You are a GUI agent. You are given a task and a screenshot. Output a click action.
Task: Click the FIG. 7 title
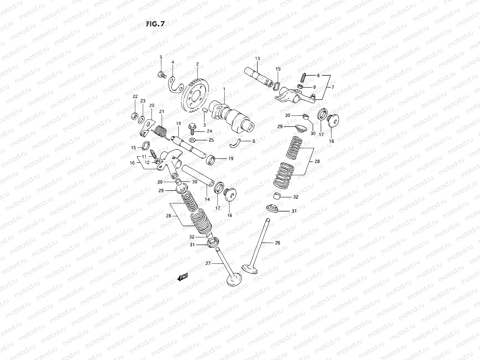[155, 24]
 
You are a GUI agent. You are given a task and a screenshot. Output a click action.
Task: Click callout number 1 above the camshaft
[224, 89]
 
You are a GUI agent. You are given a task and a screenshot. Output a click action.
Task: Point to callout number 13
[257, 58]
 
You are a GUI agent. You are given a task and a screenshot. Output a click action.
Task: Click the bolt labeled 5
[161, 74]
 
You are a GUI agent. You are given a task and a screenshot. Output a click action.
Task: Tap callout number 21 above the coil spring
[162, 112]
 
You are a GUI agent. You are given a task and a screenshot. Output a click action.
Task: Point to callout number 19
[231, 158]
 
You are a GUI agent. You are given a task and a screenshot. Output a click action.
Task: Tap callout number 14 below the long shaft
[207, 199]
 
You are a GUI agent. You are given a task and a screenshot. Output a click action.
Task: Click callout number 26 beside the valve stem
[277, 243]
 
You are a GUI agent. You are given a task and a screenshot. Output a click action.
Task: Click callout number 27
[208, 263]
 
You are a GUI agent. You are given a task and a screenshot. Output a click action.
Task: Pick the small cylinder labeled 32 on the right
[277, 197]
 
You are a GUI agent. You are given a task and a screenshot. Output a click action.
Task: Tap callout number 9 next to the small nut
[314, 87]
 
